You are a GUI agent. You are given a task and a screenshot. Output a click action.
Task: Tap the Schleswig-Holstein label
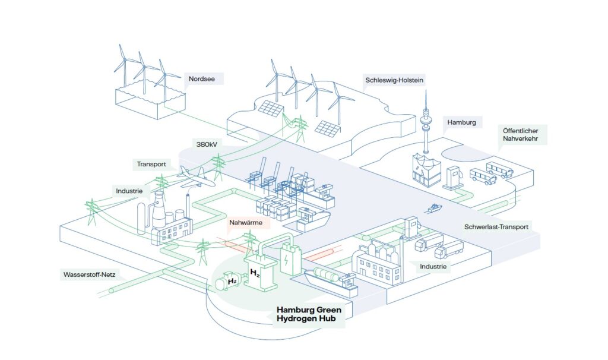(394, 79)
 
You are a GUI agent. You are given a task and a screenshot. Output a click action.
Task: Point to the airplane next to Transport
(192, 175)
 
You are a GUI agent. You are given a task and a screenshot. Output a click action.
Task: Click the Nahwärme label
(249, 224)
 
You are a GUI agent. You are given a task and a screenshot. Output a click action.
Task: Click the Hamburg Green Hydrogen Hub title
(312, 314)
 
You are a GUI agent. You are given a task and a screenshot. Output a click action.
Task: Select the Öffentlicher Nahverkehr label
(521, 134)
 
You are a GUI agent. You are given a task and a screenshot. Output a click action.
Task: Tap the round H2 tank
(226, 282)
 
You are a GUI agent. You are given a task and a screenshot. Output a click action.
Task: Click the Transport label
(151, 165)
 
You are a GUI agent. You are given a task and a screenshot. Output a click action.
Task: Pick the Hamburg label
(462, 122)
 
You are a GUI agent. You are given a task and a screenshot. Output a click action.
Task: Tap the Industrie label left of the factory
(129, 191)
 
